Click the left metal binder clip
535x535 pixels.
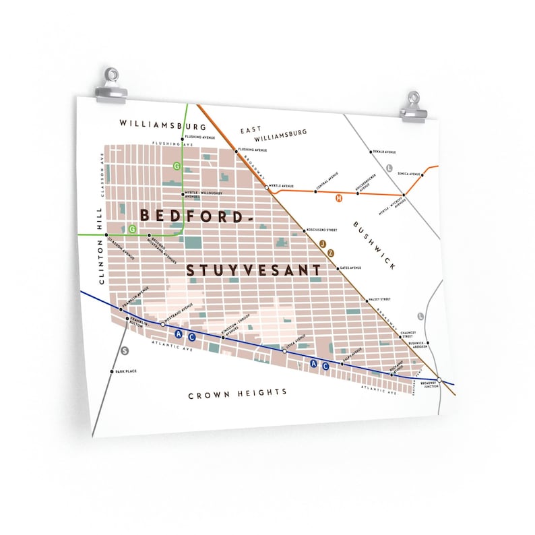(111, 86)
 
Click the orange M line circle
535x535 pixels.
(339, 197)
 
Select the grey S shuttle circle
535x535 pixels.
(124, 350)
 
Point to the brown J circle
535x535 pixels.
(323, 243)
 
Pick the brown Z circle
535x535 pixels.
(331, 252)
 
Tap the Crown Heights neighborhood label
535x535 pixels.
(237, 392)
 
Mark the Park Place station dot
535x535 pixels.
(112, 371)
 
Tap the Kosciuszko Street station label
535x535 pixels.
(322, 230)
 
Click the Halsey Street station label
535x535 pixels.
(379, 300)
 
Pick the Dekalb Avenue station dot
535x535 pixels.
(370, 152)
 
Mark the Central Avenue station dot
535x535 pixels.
(315, 191)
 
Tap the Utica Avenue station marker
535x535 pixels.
(284, 351)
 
